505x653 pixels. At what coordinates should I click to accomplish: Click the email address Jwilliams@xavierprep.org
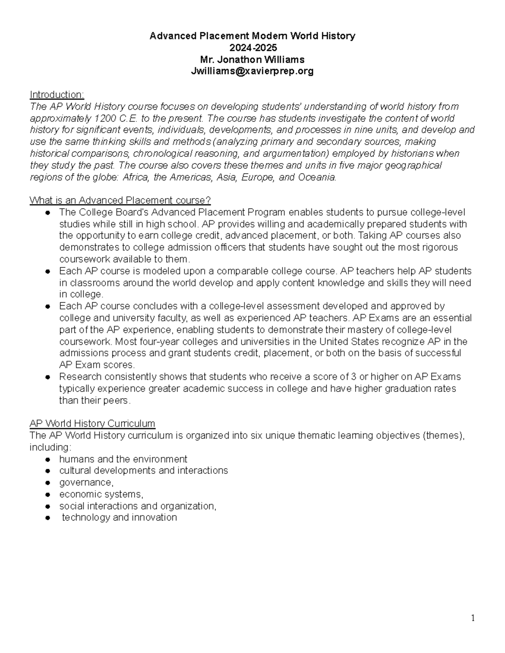[252, 71]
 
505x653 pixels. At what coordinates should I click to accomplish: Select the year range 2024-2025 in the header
[252, 48]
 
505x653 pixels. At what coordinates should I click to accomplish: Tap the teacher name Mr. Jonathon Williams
[252, 59]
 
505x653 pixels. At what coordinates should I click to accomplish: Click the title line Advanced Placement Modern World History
[252, 36]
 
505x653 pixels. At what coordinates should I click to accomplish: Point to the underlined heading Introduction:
[57, 95]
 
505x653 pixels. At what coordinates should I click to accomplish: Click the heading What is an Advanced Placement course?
[120, 200]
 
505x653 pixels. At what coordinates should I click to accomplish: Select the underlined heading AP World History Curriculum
[92, 423]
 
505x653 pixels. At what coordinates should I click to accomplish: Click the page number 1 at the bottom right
[473, 618]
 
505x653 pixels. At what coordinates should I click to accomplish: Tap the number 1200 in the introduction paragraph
[104, 118]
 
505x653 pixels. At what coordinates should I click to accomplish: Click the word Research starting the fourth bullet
[80, 377]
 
